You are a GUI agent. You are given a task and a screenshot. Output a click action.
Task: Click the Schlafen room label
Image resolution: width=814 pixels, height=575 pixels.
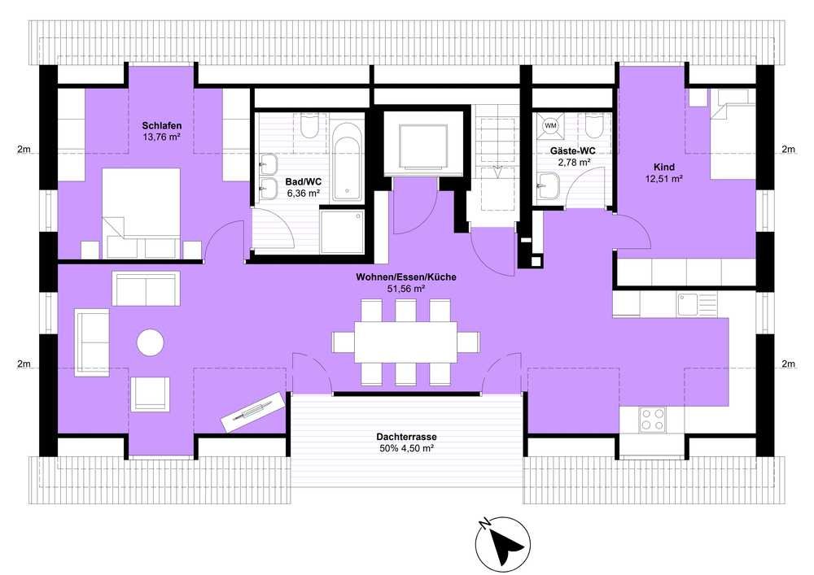click(x=162, y=126)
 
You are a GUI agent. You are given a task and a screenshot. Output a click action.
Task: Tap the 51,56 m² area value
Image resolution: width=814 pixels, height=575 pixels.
click(x=406, y=289)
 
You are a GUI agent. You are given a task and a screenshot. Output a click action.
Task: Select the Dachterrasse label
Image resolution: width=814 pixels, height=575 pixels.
click(x=406, y=437)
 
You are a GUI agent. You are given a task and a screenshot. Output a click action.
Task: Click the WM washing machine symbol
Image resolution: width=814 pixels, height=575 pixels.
click(x=549, y=125)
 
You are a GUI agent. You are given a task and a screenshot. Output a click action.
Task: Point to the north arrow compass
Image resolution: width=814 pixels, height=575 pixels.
click(x=503, y=542)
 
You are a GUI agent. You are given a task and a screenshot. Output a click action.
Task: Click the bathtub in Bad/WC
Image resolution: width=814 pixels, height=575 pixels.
click(x=346, y=161)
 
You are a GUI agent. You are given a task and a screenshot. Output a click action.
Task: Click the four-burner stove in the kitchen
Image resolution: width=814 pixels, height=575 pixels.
click(x=653, y=420)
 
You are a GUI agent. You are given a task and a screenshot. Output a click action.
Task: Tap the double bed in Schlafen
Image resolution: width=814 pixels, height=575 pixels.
click(x=142, y=213)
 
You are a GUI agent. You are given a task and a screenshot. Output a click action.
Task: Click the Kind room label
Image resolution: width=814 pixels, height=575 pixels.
click(x=664, y=167)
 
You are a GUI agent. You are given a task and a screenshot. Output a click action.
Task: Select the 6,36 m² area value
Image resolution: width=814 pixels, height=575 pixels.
click(x=303, y=193)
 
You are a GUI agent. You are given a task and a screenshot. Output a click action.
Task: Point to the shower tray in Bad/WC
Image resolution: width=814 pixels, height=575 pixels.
click(x=342, y=231)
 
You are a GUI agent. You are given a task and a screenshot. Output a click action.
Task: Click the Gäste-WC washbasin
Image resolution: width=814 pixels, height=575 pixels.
click(x=549, y=186)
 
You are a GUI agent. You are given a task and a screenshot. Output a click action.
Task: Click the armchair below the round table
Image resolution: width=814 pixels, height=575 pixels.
click(x=150, y=394)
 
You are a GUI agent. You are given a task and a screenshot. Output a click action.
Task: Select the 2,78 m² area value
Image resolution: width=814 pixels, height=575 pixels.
click(x=574, y=163)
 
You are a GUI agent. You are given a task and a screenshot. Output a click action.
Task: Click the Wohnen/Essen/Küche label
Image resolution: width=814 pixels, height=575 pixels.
click(x=406, y=277)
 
